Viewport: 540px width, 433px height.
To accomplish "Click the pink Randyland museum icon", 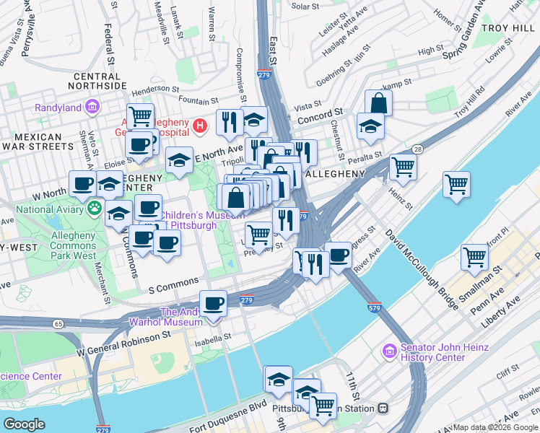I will click(92, 108).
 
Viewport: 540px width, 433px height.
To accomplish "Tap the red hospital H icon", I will click(201, 127).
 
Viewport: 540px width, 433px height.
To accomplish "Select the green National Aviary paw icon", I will click(95, 209).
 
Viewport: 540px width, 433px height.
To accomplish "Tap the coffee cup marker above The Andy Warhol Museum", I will click(213, 303).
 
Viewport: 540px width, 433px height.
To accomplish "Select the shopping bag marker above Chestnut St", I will click(378, 102).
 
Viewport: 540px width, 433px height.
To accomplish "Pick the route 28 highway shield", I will click(418, 149).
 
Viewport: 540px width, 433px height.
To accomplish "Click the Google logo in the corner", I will click(24, 424).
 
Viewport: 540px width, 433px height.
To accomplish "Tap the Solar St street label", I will click(305, 6).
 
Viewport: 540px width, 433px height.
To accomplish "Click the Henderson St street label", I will click(149, 89).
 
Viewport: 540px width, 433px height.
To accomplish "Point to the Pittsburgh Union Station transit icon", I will click(383, 408).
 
